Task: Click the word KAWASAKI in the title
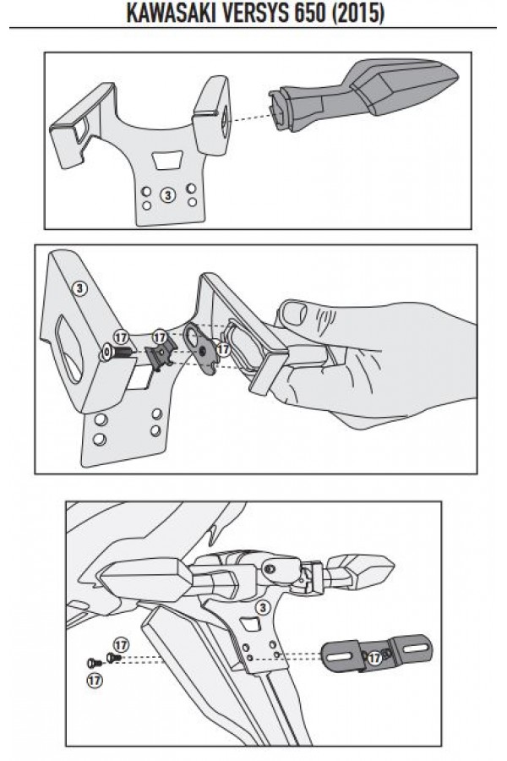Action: [x=172, y=14]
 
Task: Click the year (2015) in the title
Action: [x=358, y=14]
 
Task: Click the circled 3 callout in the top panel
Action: [x=168, y=195]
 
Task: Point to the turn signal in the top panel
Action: [x=364, y=95]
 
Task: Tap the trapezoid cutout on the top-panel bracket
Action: [x=167, y=160]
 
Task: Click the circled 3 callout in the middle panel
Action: [x=79, y=289]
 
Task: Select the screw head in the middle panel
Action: [x=106, y=352]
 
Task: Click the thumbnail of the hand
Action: [x=294, y=314]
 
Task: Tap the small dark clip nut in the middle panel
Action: [x=160, y=358]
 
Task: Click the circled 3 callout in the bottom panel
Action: [x=262, y=608]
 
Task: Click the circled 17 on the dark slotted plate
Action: [x=374, y=658]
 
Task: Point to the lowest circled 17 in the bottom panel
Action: [x=95, y=680]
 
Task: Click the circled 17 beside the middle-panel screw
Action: [x=121, y=337]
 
